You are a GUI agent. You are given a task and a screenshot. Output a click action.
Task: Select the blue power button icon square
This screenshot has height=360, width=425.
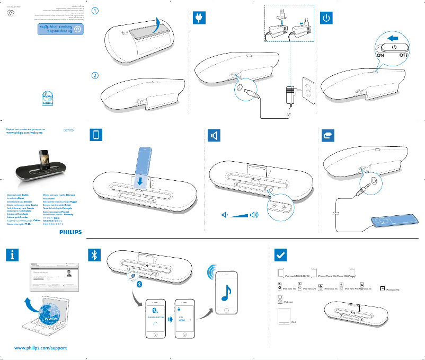pyautogui.click(x=327, y=18)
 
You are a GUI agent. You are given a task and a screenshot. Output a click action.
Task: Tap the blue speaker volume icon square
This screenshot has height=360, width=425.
pyautogui.click(x=213, y=136)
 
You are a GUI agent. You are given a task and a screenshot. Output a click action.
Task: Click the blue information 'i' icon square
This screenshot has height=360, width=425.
pyautogui.click(x=13, y=256)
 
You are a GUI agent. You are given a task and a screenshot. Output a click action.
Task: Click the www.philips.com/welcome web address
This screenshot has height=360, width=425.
pyautogui.click(x=25, y=134)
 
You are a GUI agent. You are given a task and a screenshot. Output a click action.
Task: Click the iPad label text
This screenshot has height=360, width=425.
pyautogui.click(x=294, y=322)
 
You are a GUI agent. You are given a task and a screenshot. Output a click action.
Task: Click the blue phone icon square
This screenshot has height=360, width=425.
pyautogui.click(x=95, y=136)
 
